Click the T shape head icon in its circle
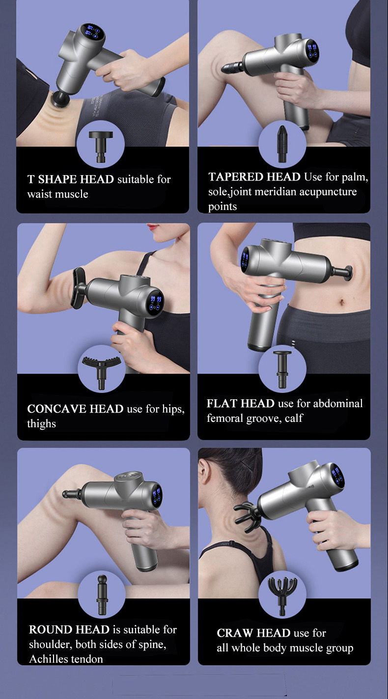coord(101,146)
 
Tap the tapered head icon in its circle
coord(282,144)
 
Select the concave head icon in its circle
coord(101,372)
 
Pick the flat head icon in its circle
coord(282,369)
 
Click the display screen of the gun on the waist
coord(91,32)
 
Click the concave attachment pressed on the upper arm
coord(79,288)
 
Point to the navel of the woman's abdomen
coord(342,302)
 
